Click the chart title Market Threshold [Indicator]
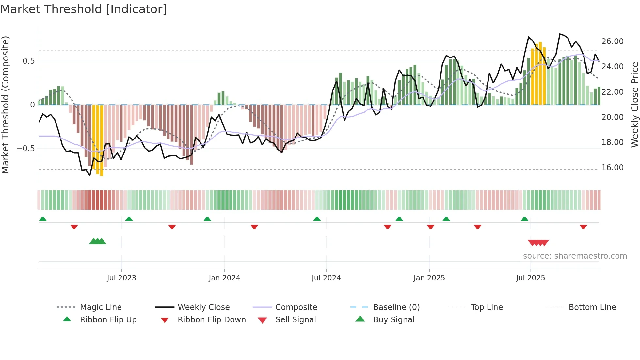(x=84, y=9)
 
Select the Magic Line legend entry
(x=101, y=307)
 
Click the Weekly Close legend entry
(x=203, y=307)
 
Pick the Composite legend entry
(x=296, y=307)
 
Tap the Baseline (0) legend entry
(x=396, y=307)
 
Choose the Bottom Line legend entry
(x=592, y=307)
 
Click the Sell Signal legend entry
(x=295, y=320)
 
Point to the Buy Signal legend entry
(x=393, y=320)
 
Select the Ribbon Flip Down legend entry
(x=211, y=320)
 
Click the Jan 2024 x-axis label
(x=224, y=278)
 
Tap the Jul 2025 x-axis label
(x=530, y=278)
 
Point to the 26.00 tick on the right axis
(x=612, y=41)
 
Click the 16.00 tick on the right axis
(x=612, y=168)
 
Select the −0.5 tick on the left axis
(x=25, y=149)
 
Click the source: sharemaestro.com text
(x=575, y=256)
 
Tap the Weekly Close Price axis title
(x=634, y=105)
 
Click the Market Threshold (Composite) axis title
(x=5, y=105)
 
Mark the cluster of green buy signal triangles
(x=98, y=241)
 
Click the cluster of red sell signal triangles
(x=538, y=243)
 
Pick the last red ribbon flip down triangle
(x=583, y=227)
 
